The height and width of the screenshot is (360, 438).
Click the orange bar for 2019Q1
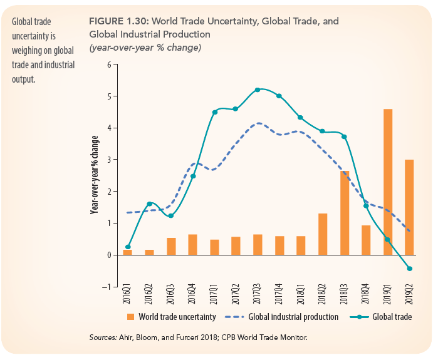[x=388, y=182]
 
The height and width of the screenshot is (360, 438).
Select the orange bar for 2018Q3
[x=345, y=212]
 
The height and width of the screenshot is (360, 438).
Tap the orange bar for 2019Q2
[x=409, y=207]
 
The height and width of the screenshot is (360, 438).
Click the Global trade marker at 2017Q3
[x=258, y=90]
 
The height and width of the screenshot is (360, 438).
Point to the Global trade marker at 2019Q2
[x=410, y=269]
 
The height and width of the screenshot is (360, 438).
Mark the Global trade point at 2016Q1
[x=128, y=247]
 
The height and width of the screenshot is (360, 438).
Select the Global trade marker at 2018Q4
[x=366, y=205]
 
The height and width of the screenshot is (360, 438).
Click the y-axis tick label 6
[x=108, y=64]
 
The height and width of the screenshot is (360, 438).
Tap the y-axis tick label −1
[x=107, y=287]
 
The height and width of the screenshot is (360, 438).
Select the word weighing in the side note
[x=26, y=51]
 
